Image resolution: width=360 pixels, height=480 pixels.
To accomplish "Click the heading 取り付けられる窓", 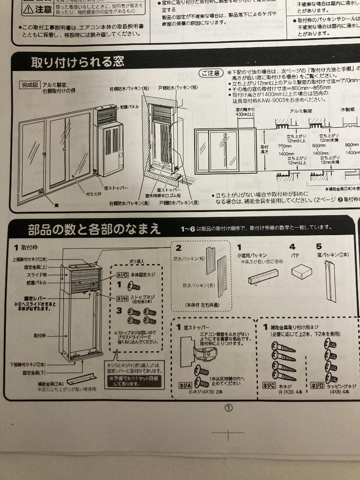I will click(x=77, y=62).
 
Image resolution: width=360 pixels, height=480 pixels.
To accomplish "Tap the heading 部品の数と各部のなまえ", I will click(x=94, y=229).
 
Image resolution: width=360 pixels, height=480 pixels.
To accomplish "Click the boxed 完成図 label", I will click(x=30, y=84).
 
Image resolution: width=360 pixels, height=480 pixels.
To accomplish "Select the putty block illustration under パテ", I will click(x=302, y=271).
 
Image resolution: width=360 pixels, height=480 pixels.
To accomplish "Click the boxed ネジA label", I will click(x=185, y=385).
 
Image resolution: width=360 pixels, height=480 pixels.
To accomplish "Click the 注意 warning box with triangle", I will click(x=37, y=8).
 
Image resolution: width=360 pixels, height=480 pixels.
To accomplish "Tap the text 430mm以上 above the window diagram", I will click(x=245, y=114).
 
